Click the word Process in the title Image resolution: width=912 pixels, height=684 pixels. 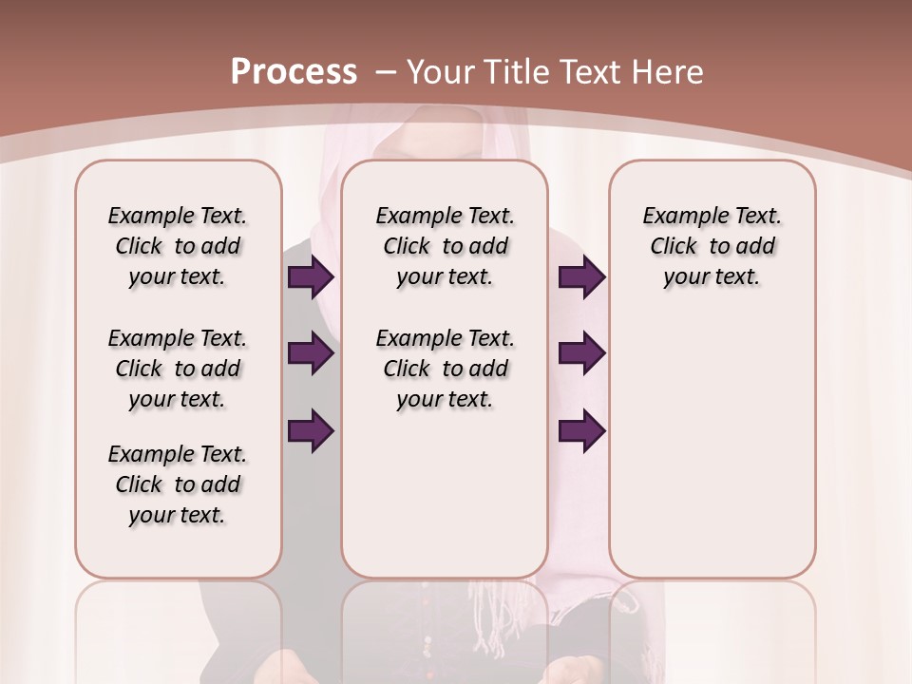pos(294,71)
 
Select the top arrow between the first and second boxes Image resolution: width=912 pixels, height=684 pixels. pos(311,277)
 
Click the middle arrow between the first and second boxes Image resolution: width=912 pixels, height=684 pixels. pos(311,354)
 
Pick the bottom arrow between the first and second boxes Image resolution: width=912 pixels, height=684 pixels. pos(311,431)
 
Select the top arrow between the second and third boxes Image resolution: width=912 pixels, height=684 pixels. pos(582,277)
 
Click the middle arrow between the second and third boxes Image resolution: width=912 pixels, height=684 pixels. pos(582,354)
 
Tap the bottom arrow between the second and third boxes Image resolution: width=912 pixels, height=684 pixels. pos(582,431)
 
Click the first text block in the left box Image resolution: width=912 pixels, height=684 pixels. pos(178,246)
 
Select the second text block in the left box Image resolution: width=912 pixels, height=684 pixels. pos(178,369)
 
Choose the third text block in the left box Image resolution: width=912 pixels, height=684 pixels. pos(178,484)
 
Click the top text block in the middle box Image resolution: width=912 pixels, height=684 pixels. pos(445,246)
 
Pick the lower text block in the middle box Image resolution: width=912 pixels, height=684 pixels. pos(445,369)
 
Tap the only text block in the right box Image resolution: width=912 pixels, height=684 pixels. pos(712,246)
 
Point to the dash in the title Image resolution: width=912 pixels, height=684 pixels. pos(387,71)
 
